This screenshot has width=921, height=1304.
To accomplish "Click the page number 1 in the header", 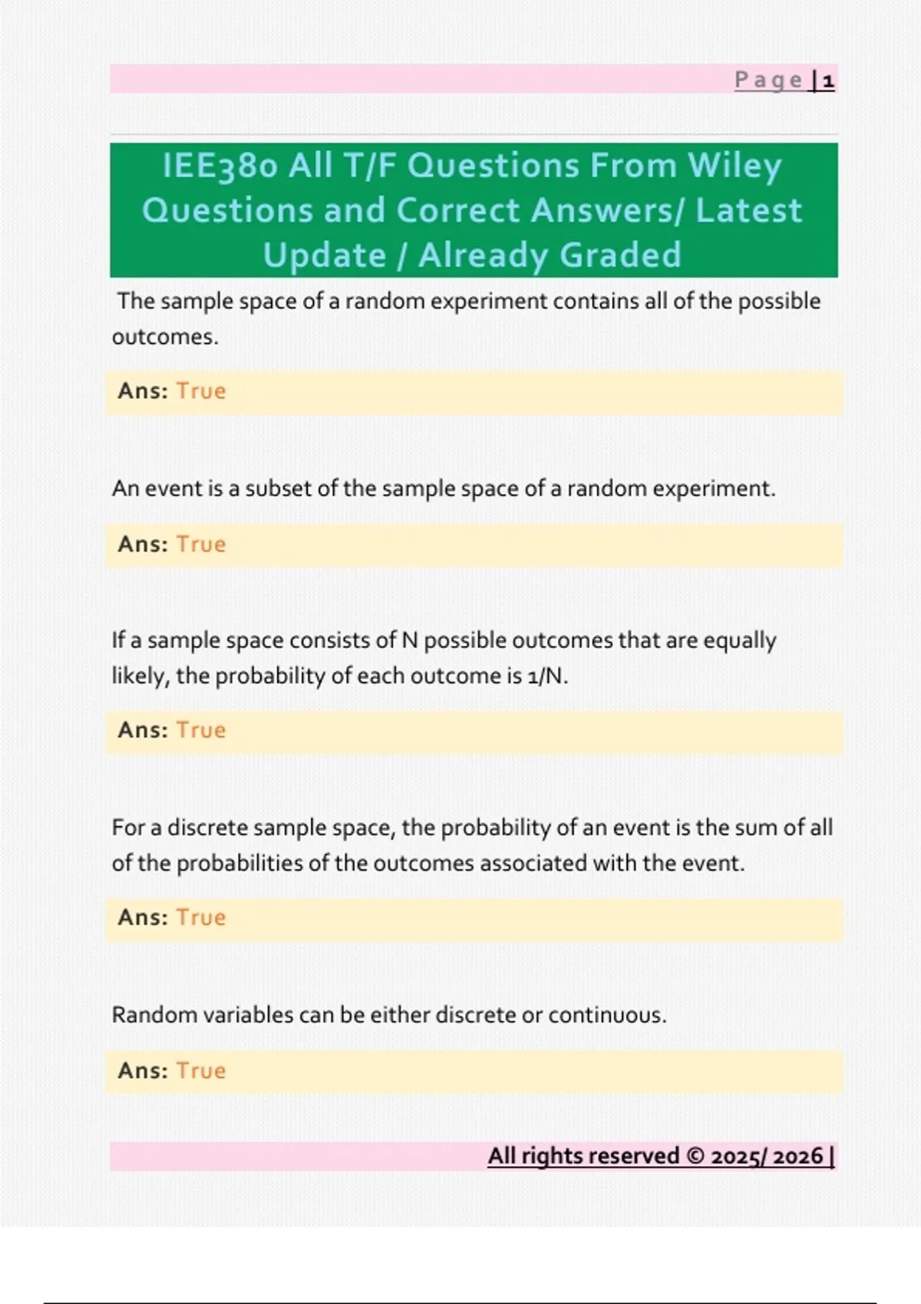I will click(828, 81).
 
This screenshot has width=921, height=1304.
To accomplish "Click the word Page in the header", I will click(768, 80).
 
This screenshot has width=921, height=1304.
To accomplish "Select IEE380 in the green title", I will click(220, 166).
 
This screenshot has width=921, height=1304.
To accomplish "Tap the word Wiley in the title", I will click(734, 166).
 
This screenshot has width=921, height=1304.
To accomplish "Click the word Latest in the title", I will click(748, 211).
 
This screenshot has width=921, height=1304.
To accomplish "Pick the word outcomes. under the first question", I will click(165, 337).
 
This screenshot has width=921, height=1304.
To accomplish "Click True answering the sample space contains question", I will click(201, 391).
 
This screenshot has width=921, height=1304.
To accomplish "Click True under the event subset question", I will click(201, 545).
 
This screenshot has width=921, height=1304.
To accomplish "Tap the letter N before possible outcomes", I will click(410, 640).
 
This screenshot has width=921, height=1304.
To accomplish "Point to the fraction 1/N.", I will click(546, 677).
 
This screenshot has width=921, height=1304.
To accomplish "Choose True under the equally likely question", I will click(201, 730).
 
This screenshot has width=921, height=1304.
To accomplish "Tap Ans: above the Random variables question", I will click(143, 917).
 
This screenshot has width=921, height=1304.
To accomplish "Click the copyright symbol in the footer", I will click(695, 1156).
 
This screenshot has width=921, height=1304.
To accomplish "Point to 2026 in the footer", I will click(798, 1157).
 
